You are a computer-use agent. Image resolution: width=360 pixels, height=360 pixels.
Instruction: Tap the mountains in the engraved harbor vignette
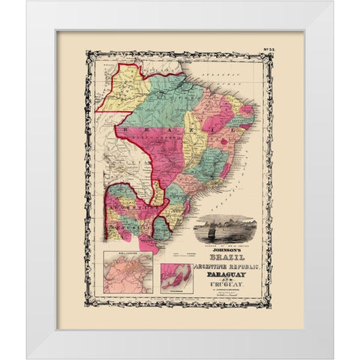pos(240,222)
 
